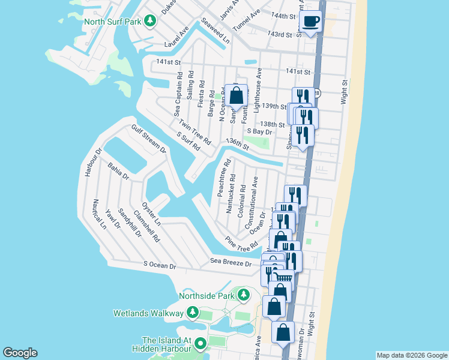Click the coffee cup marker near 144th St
pos(310,22)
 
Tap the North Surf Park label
pos(112,22)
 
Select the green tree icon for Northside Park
pos(243,295)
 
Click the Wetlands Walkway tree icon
pos(192,312)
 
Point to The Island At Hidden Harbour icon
pos(200,344)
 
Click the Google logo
pos(20,353)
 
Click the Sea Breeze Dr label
pos(231,262)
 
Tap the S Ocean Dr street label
pos(160,265)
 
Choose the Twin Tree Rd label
pos(194,132)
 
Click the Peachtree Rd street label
pos(222,178)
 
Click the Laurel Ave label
pos(176,37)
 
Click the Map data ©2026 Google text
pos(412,355)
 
